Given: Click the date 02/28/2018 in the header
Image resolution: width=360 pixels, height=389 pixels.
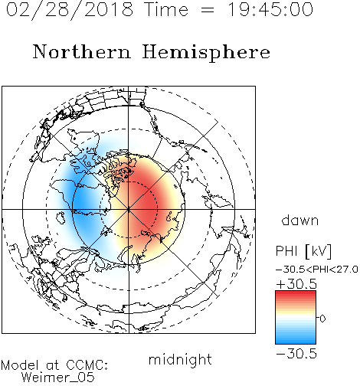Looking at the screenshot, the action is (x=70, y=10).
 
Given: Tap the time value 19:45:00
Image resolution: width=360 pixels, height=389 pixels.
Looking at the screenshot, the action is (x=270, y=9).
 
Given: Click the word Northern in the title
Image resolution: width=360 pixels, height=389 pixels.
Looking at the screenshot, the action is (x=82, y=51).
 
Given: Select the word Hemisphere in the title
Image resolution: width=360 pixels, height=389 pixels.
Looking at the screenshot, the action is (x=206, y=52).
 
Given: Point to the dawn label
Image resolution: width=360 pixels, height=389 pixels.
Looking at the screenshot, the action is (x=300, y=220).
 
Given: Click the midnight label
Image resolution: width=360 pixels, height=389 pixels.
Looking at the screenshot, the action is (x=180, y=359).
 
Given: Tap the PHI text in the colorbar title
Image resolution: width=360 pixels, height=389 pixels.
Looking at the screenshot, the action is (x=286, y=251).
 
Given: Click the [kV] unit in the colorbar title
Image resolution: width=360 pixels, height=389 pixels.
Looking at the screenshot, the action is (x=319, y=251).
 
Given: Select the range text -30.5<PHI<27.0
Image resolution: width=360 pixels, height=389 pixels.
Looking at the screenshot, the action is (x=317, y=270).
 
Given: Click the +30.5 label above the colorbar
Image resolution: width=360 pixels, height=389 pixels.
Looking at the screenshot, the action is (x=296, y=284).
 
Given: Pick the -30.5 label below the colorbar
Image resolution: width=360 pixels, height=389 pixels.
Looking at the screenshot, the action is (x=296, y=354).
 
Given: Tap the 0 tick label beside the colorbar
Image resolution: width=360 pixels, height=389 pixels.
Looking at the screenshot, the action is (x=322, y=319).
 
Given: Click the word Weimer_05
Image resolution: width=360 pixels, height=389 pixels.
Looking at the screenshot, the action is (x=58, y=378).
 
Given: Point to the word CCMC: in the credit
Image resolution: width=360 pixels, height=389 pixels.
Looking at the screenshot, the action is (x=87, y=365).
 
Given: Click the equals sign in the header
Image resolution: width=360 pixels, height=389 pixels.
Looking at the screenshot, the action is (x=208, y=10).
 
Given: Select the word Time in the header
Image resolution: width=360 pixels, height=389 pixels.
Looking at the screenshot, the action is (x=166, y=9).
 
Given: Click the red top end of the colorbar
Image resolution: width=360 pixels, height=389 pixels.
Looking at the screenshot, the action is (x=296, y=293).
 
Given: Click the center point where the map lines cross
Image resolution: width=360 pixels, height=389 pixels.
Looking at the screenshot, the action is (x=129, y=209).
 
